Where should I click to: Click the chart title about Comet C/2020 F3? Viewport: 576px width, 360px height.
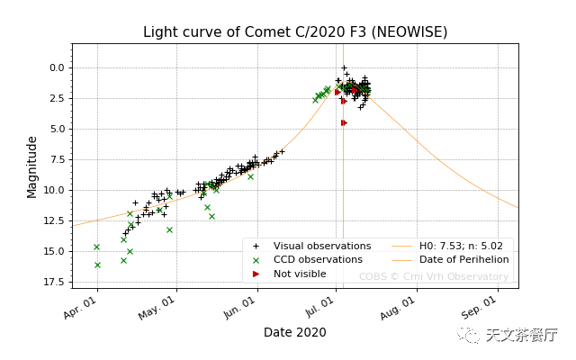pos(295,32)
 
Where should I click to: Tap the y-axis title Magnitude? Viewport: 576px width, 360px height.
pos(32,166)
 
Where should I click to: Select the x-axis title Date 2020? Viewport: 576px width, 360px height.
pos(294,332)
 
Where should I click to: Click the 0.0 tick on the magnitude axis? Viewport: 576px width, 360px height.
pos(56,67)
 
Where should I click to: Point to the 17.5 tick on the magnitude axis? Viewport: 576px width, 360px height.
pos(53,283)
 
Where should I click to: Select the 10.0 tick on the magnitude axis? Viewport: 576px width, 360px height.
pos(53,190)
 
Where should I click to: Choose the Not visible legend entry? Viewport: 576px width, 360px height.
pos(300,274)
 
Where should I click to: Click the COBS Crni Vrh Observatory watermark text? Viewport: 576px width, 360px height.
pos(434,276)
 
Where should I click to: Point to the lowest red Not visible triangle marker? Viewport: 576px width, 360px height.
pos(344,122)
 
